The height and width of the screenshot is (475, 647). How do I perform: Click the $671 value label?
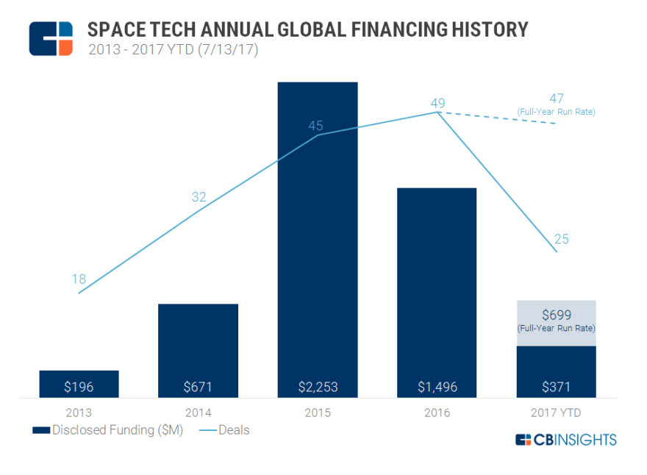point(198,387)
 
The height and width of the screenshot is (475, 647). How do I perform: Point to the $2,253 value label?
point(318,387)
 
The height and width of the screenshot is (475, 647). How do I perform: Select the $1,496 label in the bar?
point(437,387)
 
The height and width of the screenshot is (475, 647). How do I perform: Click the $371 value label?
point(556,387)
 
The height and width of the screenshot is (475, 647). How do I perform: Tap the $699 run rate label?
point(556,315)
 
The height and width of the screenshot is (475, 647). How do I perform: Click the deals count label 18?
point(79,279)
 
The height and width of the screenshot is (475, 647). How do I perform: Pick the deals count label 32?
point(198,197)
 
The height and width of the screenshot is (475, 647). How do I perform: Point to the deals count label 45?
point(315,126)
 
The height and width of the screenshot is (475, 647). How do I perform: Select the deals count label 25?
point(562,239)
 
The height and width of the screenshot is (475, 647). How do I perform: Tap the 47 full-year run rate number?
point(557,99)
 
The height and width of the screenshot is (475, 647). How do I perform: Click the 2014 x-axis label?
point(198,413)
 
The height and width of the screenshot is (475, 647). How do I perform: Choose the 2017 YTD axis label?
point(556,413)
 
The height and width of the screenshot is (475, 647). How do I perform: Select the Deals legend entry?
point(224,429)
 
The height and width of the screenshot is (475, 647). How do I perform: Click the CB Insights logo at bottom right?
point(565,440)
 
